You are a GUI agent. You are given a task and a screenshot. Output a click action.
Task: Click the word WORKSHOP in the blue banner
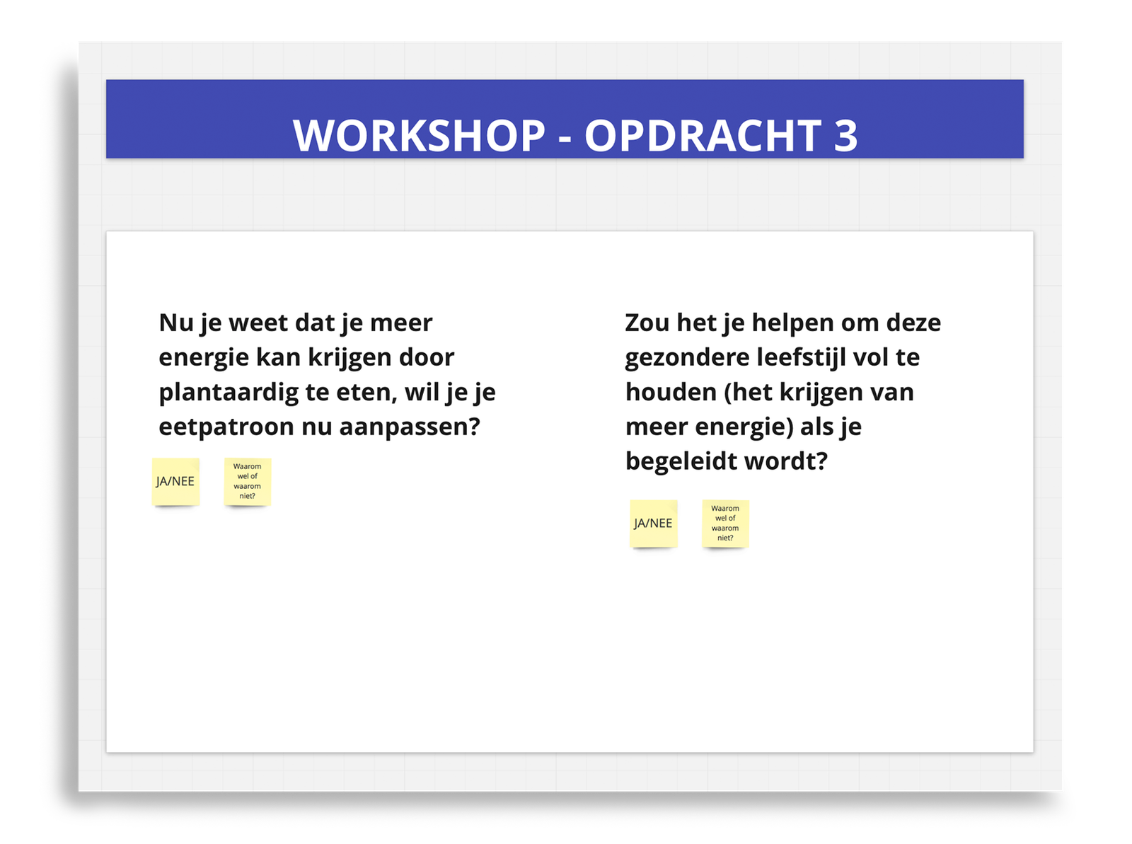tap(419, 136)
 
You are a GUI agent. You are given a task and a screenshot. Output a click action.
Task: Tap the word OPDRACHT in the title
tap(703, 136)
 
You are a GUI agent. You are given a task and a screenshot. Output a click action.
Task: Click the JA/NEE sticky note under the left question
tap(175, 482)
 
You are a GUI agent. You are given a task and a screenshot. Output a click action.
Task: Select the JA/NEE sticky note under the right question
tap(654, 524)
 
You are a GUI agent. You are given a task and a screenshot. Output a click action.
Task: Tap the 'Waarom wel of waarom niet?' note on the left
tap(248, 482)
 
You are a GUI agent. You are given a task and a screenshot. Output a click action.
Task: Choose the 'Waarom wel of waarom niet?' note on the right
tap(725, 524)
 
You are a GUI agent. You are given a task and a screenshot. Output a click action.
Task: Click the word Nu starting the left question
tap(176, 323)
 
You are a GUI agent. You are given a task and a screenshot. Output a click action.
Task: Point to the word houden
tap(671, 393)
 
